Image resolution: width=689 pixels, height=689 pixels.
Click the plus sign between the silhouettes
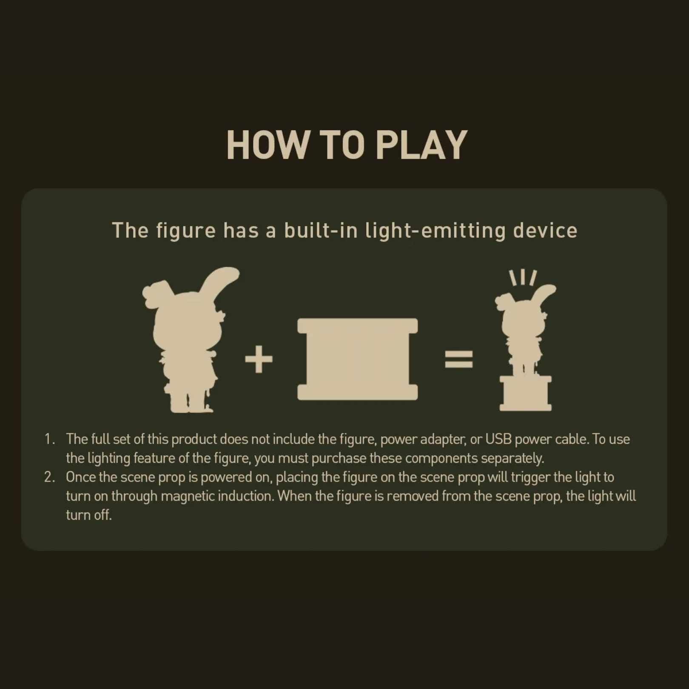[259, 359]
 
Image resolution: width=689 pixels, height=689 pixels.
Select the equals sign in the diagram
[458, 359]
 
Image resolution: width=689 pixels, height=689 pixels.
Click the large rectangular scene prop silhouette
[357, 359]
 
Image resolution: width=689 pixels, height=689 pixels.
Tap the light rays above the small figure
[523, 277]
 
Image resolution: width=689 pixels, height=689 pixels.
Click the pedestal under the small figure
[526, 393]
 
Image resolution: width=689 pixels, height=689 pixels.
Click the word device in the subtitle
[545, 231]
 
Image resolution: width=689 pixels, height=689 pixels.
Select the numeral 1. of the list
[50, 439]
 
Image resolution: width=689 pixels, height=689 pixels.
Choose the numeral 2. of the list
[50, 477]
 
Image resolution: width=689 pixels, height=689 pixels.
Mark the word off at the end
[102, 515]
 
